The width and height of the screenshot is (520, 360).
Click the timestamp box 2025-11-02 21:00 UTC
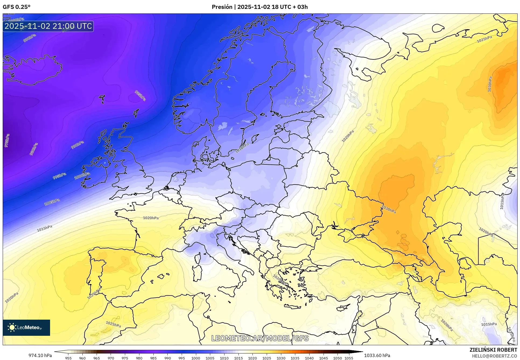[48, 26]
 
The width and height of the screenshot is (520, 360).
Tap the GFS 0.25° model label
[16, 7]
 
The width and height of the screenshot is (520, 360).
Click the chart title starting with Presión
[259, 7]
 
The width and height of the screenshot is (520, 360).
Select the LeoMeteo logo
[26, 327]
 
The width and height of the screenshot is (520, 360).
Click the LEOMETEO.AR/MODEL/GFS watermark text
[260, 338]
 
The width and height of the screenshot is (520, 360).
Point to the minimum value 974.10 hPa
[40, 355]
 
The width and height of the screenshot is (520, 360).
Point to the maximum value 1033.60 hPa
[377, 355]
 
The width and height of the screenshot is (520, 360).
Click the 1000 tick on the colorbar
[196, 358]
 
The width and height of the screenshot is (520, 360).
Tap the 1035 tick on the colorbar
[295, 358]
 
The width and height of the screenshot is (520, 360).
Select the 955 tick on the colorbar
[68, 358]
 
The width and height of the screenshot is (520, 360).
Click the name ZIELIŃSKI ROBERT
[493, 350]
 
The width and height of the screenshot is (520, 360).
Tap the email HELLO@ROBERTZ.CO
[494, 356]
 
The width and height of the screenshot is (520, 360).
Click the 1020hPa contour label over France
[151, 218]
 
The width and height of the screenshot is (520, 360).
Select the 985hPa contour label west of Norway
[140, 96]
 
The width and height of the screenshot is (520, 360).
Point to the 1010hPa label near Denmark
[242, 148]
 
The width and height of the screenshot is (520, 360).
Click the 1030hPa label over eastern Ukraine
[389, 209]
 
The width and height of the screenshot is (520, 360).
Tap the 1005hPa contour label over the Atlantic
[52, 202]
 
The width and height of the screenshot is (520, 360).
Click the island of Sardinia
[197, 273]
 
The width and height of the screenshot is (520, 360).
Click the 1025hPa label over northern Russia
[484, 39]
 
